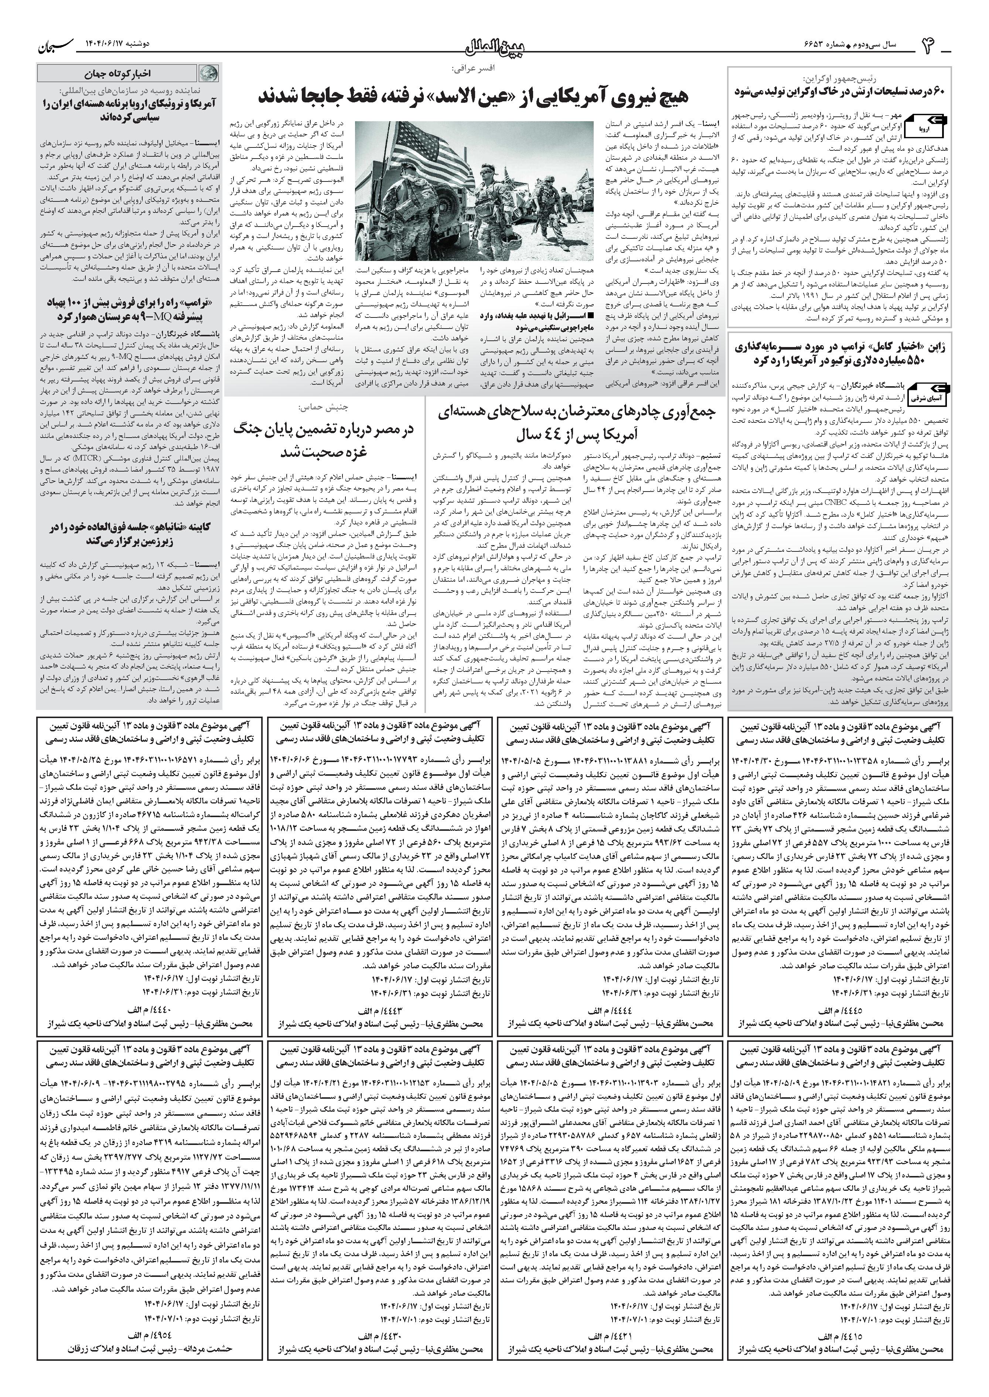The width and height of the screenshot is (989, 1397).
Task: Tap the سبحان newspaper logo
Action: [x=58, y=44]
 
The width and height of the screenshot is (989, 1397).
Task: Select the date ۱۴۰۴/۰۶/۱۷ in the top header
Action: [x=116, y=44]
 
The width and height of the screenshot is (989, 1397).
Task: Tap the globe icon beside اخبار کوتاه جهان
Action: [x=209, y=73]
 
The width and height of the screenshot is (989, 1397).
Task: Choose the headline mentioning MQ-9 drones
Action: [x=129, y=309]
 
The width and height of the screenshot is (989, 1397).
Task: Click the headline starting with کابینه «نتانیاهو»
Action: [x=129, y=533]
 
